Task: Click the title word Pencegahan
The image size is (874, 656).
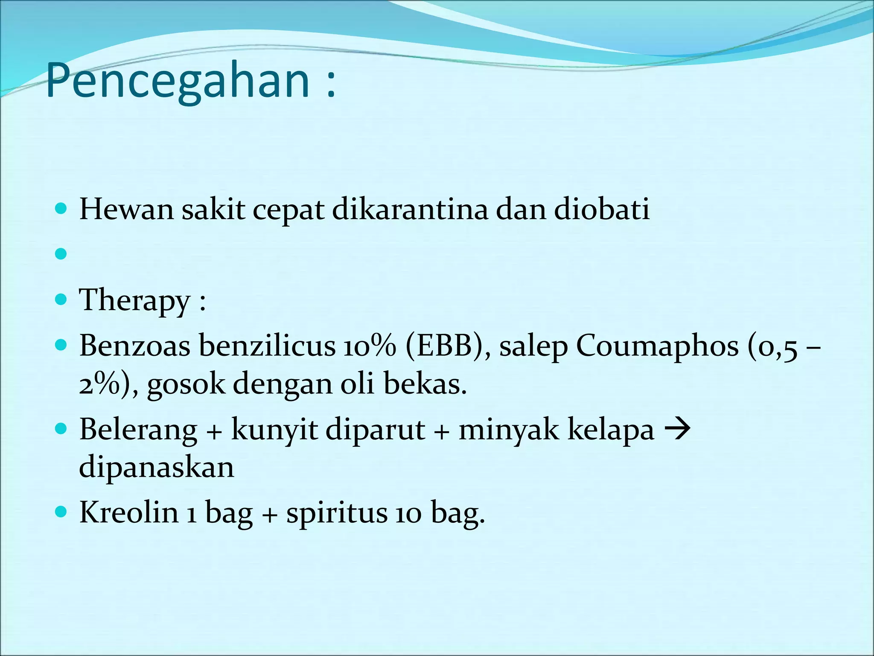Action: click(x=177, y=81)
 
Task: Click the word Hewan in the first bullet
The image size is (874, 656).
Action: click(x=126, y=209)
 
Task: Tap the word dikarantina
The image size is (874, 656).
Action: click(x=410, y=209)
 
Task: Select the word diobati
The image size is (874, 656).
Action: click(x=602, y=209)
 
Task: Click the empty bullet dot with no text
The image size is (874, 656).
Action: click(x=61, y=254)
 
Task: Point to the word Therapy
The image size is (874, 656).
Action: click(x=134, y=300)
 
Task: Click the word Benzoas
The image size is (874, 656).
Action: click(x=134, y=345)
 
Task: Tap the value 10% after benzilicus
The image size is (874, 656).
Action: click(x=369, y=345)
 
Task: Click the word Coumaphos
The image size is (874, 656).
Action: click(x=657, y=345)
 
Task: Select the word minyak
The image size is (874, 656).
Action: click(x=508, y=429)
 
